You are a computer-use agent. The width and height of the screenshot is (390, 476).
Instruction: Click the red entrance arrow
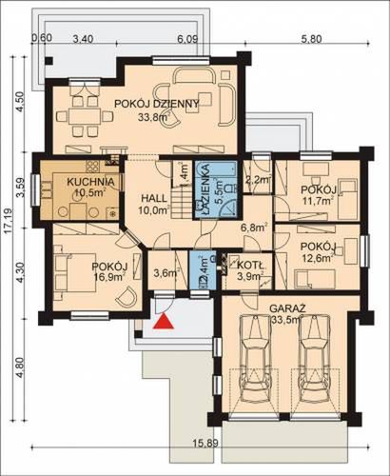[x=164, y=321]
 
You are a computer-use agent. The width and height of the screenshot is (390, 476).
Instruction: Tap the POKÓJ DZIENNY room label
[x=157, y=104]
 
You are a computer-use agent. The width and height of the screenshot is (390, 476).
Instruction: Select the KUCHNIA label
[x=90, y=182]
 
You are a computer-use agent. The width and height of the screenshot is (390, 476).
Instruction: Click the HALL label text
[x=154, y=199]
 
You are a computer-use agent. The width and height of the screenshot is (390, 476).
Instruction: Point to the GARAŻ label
[x=287, y=308]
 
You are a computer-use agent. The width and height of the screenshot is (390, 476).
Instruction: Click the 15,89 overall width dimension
[x=206, y=443]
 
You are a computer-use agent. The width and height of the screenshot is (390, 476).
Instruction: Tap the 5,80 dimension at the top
[x=311, y=39]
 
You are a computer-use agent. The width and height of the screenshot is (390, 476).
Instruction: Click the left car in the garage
[x=255, y=358]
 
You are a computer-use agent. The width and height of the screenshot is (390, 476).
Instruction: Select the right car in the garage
[x=316, y=358]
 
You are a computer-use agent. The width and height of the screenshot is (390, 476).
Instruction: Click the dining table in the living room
[x=85, y=116]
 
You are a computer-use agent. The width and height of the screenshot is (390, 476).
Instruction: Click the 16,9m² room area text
[x=108, y=277]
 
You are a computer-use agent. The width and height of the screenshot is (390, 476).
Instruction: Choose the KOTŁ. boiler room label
[x=252, y=265]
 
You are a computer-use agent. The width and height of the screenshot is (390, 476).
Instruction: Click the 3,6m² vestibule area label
[x=166, y=273]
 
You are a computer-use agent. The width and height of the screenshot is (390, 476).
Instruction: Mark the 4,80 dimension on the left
[x=20, y=368]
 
